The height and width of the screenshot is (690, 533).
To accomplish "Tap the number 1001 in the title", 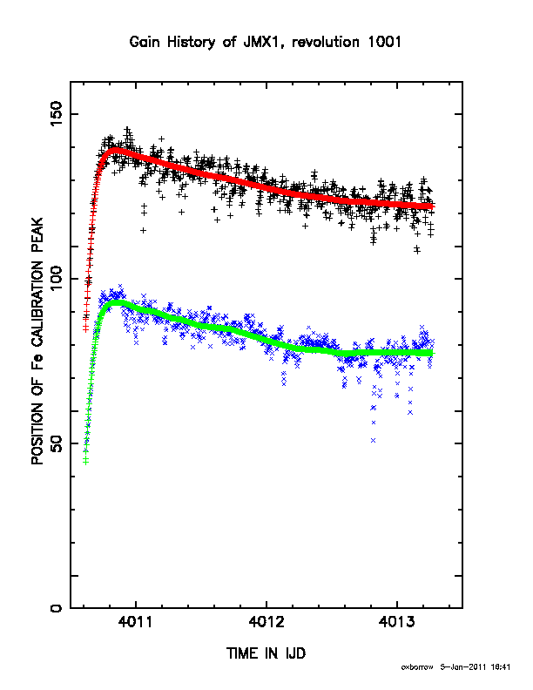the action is click(x=384, y=42).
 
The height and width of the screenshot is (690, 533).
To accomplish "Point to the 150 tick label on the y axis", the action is click(x=57, y=114).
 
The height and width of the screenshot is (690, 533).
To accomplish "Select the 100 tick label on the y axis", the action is click(x=57, y=279).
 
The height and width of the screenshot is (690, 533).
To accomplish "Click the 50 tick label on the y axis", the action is click(x=57, y=443).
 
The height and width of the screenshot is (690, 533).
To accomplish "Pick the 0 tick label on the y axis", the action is click(x=57, y=608).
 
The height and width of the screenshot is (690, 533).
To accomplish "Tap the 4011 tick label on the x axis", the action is click(x=136, y=622).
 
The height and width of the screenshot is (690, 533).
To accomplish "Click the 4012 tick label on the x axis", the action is click(x=266, y=622).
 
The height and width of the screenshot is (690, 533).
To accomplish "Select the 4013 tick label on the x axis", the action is click(x=396, y=622).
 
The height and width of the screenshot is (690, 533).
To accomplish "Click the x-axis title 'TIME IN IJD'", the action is click(x=266, y=653).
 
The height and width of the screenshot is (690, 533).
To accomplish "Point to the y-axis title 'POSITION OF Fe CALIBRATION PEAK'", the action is click(x=37, y=342).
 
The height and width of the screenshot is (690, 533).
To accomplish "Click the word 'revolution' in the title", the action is click(x=326, y=42).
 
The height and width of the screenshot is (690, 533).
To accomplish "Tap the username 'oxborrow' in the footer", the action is click(x=417, y=667).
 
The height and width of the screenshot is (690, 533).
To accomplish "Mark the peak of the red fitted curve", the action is click(x=114, y=150).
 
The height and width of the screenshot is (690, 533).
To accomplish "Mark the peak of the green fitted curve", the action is click(x=117, y=303).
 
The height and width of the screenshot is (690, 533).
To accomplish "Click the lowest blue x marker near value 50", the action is click(x=374, y=440).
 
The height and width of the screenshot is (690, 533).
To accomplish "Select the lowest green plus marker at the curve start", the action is click(x=85, y=461).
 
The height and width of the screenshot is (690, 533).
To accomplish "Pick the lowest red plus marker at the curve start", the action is click(x=85, y=328).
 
